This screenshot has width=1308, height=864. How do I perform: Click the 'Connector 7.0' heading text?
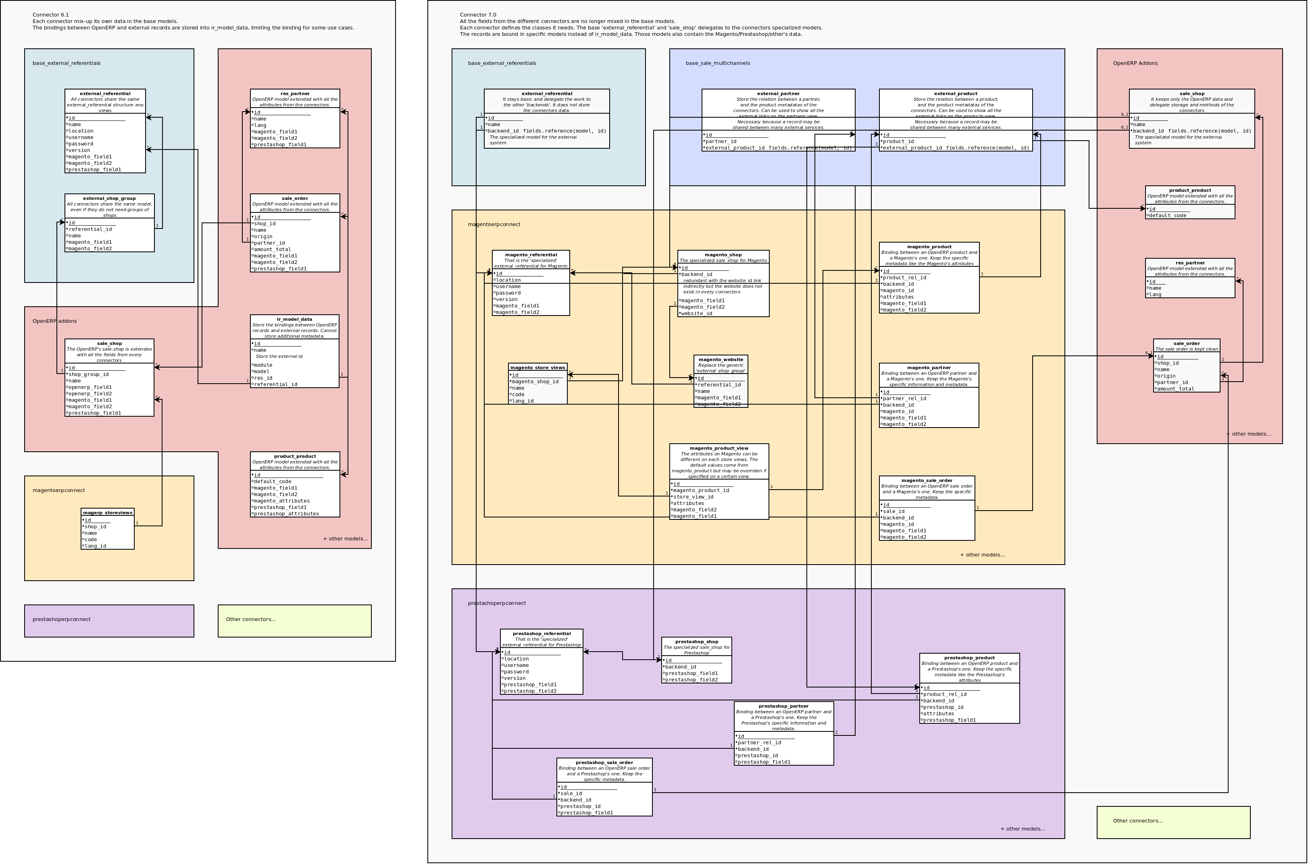point(478,15)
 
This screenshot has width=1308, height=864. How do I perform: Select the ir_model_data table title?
point(294,320)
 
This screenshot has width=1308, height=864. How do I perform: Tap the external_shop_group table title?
point(109,198)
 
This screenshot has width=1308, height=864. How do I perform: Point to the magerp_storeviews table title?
point(108,513)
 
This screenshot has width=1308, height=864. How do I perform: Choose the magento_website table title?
point(721,360)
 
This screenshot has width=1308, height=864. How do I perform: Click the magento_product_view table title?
point(719,449)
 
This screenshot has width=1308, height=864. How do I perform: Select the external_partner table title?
point(778,93)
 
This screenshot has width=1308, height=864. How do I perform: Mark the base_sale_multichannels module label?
point(718,63)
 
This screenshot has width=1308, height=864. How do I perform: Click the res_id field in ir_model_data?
point(262,378)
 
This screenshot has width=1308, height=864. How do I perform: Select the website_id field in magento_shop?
point(697,314)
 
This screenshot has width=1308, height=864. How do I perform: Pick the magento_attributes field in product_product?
point(281,501)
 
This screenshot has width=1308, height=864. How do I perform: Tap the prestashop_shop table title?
point(696,642)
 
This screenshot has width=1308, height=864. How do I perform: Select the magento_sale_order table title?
point(927,480)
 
